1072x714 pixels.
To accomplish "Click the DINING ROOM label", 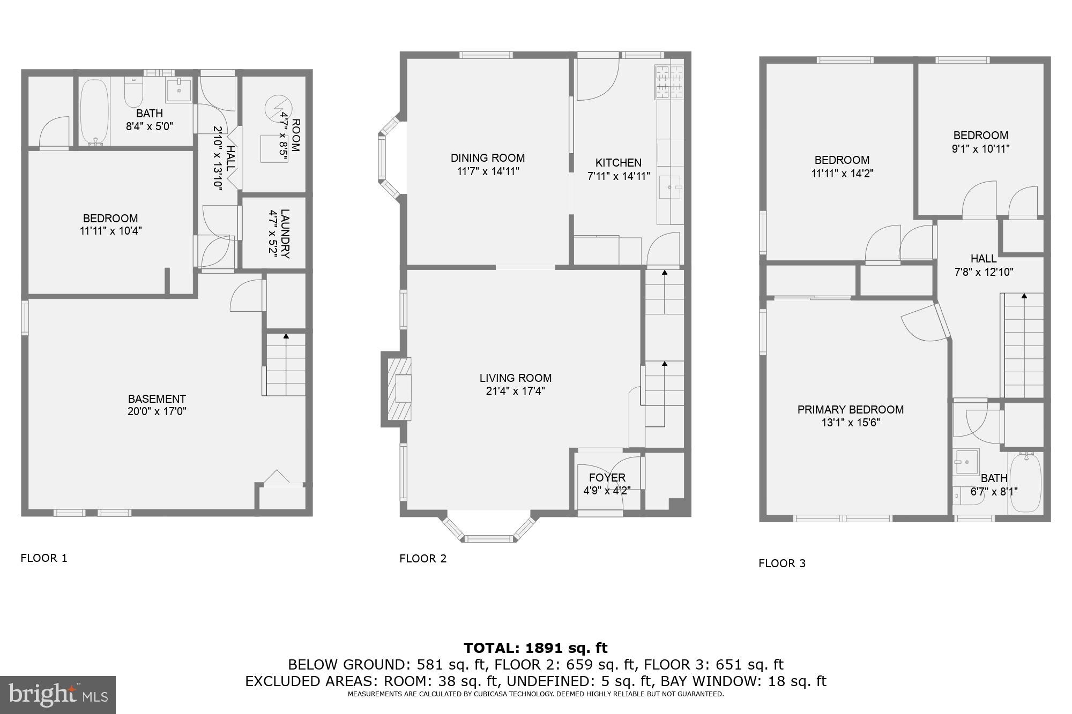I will (x=487, y=158).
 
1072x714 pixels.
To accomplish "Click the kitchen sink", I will (x=669, y=187).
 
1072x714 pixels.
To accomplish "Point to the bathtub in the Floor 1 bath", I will (x=95, y=112).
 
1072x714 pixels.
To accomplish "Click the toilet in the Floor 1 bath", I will (x=133, y=92).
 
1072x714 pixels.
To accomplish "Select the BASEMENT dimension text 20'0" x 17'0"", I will (x=157, y=412).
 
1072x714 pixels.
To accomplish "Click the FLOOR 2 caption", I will (x=422, y=559).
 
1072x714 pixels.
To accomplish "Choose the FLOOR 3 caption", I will (x=781, y=563).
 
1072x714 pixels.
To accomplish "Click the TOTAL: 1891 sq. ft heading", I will (x=535, y=648).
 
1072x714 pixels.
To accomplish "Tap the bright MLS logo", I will (x=58, y=695).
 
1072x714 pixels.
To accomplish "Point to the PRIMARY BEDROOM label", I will (x=850, y=410).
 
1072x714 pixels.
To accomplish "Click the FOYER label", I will (x=607, y=478).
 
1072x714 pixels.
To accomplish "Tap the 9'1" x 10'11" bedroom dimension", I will (x=980, y=149).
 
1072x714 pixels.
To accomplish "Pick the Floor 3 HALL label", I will (x=984, y=259).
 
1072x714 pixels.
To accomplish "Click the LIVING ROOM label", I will (x=515, y=378).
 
